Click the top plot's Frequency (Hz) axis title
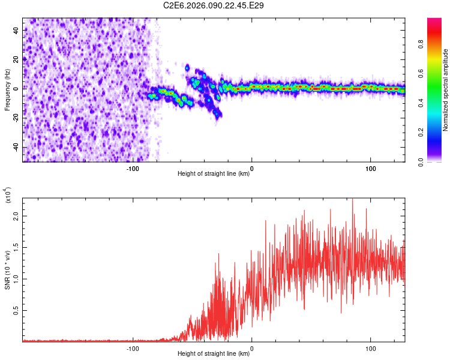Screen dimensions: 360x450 (7, 90)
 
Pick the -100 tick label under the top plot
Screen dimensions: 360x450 (133, 169)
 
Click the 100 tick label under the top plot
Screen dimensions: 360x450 (371, 169)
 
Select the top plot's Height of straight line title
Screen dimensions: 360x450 (214, 174)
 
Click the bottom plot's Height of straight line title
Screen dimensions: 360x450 (214, 353)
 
